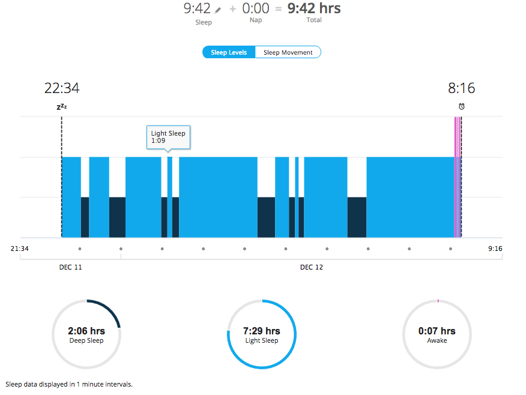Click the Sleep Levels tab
pos(229,52)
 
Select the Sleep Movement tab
pos(288,52)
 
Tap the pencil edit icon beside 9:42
pos(217,10)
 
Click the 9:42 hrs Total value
pos(314,9)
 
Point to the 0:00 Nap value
pos(256,9)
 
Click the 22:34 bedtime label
pos(62,88)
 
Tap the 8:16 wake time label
pos(461,88)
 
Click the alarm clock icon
pos(461,106)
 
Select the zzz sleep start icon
pos(61,106)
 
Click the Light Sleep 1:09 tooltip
pos(168,137)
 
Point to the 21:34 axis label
pos(20,249)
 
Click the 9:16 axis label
pos(495,249)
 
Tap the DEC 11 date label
pos(71,267)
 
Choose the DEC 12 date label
pos(312,267)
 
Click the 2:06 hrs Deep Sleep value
pos(86,331)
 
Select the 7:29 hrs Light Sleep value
pos(262,331)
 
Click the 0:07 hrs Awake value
pos(437,331)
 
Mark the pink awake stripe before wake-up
pos(457,180)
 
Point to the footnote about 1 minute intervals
pos(69,384)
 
